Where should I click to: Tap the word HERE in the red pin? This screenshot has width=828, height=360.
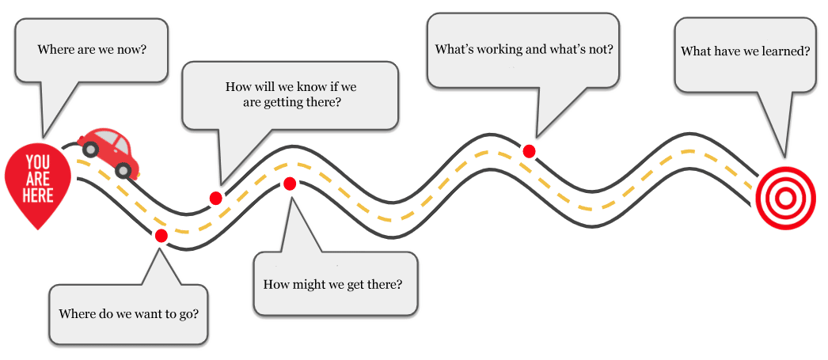point(38,193)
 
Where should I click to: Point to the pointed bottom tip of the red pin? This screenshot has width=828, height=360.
point(37,228)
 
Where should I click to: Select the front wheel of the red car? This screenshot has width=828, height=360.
point(124,169)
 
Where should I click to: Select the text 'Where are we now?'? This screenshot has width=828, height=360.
point(93,49)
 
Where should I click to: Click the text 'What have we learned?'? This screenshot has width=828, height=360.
point(745,51)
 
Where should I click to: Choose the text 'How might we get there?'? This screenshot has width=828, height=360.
point(332,282)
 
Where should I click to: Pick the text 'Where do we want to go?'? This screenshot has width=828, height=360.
point(128,313)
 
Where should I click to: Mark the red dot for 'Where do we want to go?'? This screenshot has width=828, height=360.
point(161,235)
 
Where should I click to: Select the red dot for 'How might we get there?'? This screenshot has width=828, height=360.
point(290,184)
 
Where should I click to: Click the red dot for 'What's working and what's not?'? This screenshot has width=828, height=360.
point(529,150)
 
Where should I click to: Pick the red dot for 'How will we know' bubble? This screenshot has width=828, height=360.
point(215,198)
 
